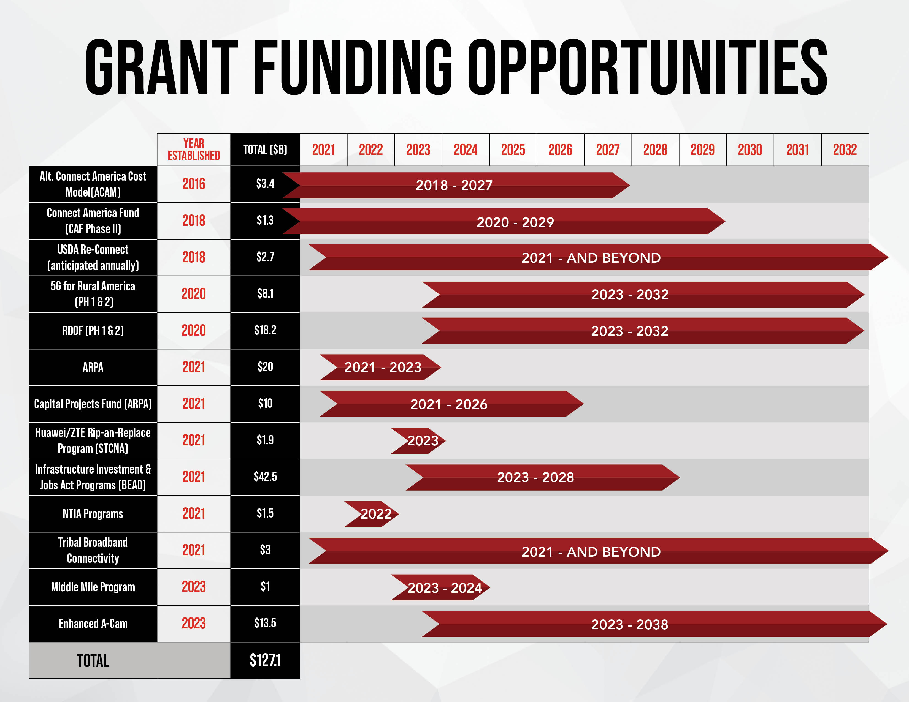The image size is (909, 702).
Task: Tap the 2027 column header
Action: point(608,150)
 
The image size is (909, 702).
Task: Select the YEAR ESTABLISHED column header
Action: point(194,150)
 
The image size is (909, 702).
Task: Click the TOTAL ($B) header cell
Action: point(265,150)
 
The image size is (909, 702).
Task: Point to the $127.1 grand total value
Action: point(265,660)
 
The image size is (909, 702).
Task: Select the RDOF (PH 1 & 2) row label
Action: point(93,331)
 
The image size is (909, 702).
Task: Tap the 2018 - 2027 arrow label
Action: point(454,185)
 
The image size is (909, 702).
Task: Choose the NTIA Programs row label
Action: point(93,514)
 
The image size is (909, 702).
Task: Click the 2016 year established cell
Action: point(194,184)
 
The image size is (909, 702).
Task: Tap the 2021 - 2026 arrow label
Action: point(449,404)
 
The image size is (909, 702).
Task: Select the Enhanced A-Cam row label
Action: point(93,624)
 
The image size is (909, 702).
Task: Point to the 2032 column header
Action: point(845,150)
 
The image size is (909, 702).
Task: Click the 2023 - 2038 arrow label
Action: point(629,625)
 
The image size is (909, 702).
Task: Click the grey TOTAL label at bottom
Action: point(93,661)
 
